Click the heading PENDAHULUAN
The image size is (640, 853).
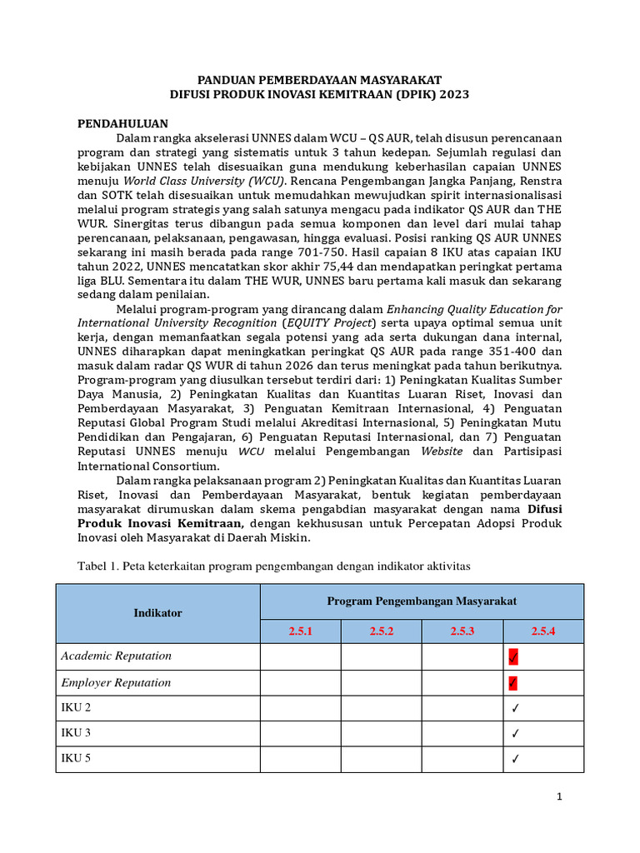click(x=123, y=123)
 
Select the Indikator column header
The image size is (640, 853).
click(x=157, y=613)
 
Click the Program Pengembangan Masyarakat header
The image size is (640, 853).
click(x=422, y=601)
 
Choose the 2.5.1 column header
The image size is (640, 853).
click(x=300, y=631)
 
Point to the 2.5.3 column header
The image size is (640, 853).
click(x=462, y=631)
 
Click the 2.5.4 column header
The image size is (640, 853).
click(x=542, y=631)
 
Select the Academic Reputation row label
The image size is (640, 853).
click(x=116, y=656)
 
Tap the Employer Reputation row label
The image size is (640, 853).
click(x=116, y=683)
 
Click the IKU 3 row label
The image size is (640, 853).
click(x=76, y=733)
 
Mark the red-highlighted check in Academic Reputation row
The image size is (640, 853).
click(x=513, y=657)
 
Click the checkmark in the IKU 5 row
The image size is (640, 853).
click(x=516, y=759)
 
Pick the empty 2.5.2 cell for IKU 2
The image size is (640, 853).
click(x=381, y=708)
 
